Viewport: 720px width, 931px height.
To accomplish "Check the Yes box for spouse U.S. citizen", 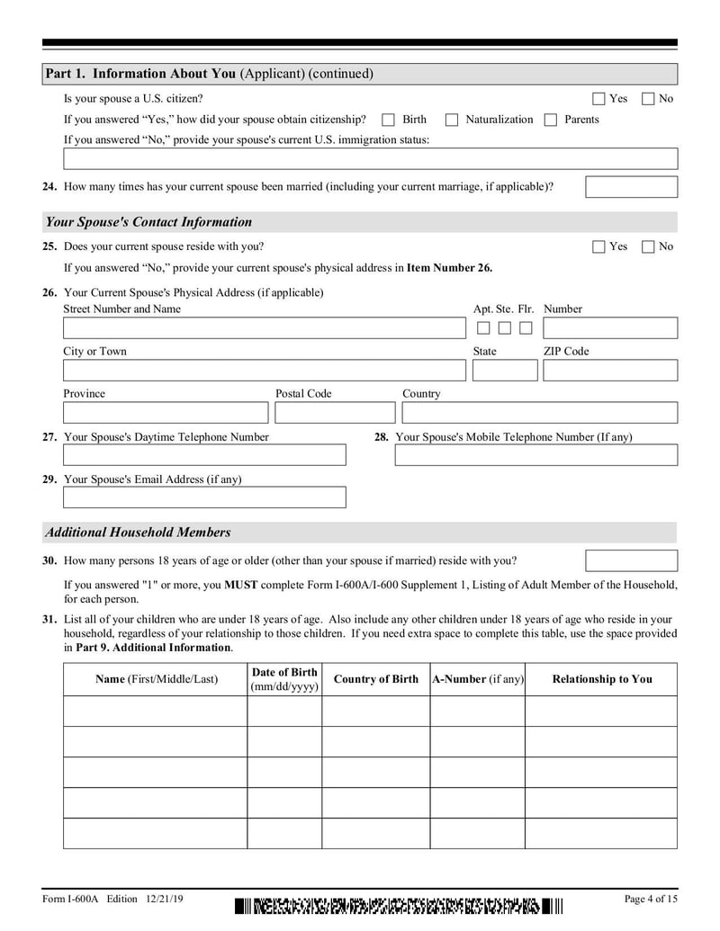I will tap(598, 99).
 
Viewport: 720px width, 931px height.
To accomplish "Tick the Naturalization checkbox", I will tap(452, 120).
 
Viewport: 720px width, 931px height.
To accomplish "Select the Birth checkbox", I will tap(389, 120).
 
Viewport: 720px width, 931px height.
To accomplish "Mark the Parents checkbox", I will tap(551, 120).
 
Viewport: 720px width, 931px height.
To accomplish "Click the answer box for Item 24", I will tap(631, 187).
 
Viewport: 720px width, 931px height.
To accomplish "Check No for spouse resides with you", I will tap(648, 246).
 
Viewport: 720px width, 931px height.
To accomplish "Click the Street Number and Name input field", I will tap(258, 328).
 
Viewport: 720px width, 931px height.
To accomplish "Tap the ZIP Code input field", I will tap(609, 371).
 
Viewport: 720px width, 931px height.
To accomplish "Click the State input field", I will tap(504, 371).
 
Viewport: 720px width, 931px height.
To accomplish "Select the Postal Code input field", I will tap(335, 413).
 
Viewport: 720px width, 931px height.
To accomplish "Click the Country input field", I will tap(539, 413).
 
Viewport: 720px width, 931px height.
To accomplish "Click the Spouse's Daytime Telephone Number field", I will tap(204, 455).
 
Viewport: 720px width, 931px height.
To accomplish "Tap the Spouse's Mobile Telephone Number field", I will tap(535, 455).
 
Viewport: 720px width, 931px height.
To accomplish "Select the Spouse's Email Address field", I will tap(204, 497).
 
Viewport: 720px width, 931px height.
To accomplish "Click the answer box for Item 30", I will tap(631, 561).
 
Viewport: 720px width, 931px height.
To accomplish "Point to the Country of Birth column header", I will tap(375, 679).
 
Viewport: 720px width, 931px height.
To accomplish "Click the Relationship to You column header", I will tap(601, 679).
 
